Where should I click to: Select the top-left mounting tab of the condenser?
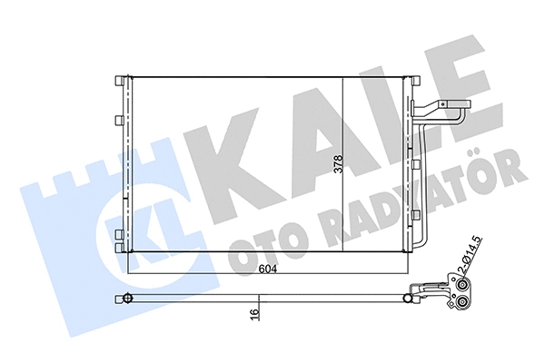pos(118,82)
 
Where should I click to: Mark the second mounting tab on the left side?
pos(118,119)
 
